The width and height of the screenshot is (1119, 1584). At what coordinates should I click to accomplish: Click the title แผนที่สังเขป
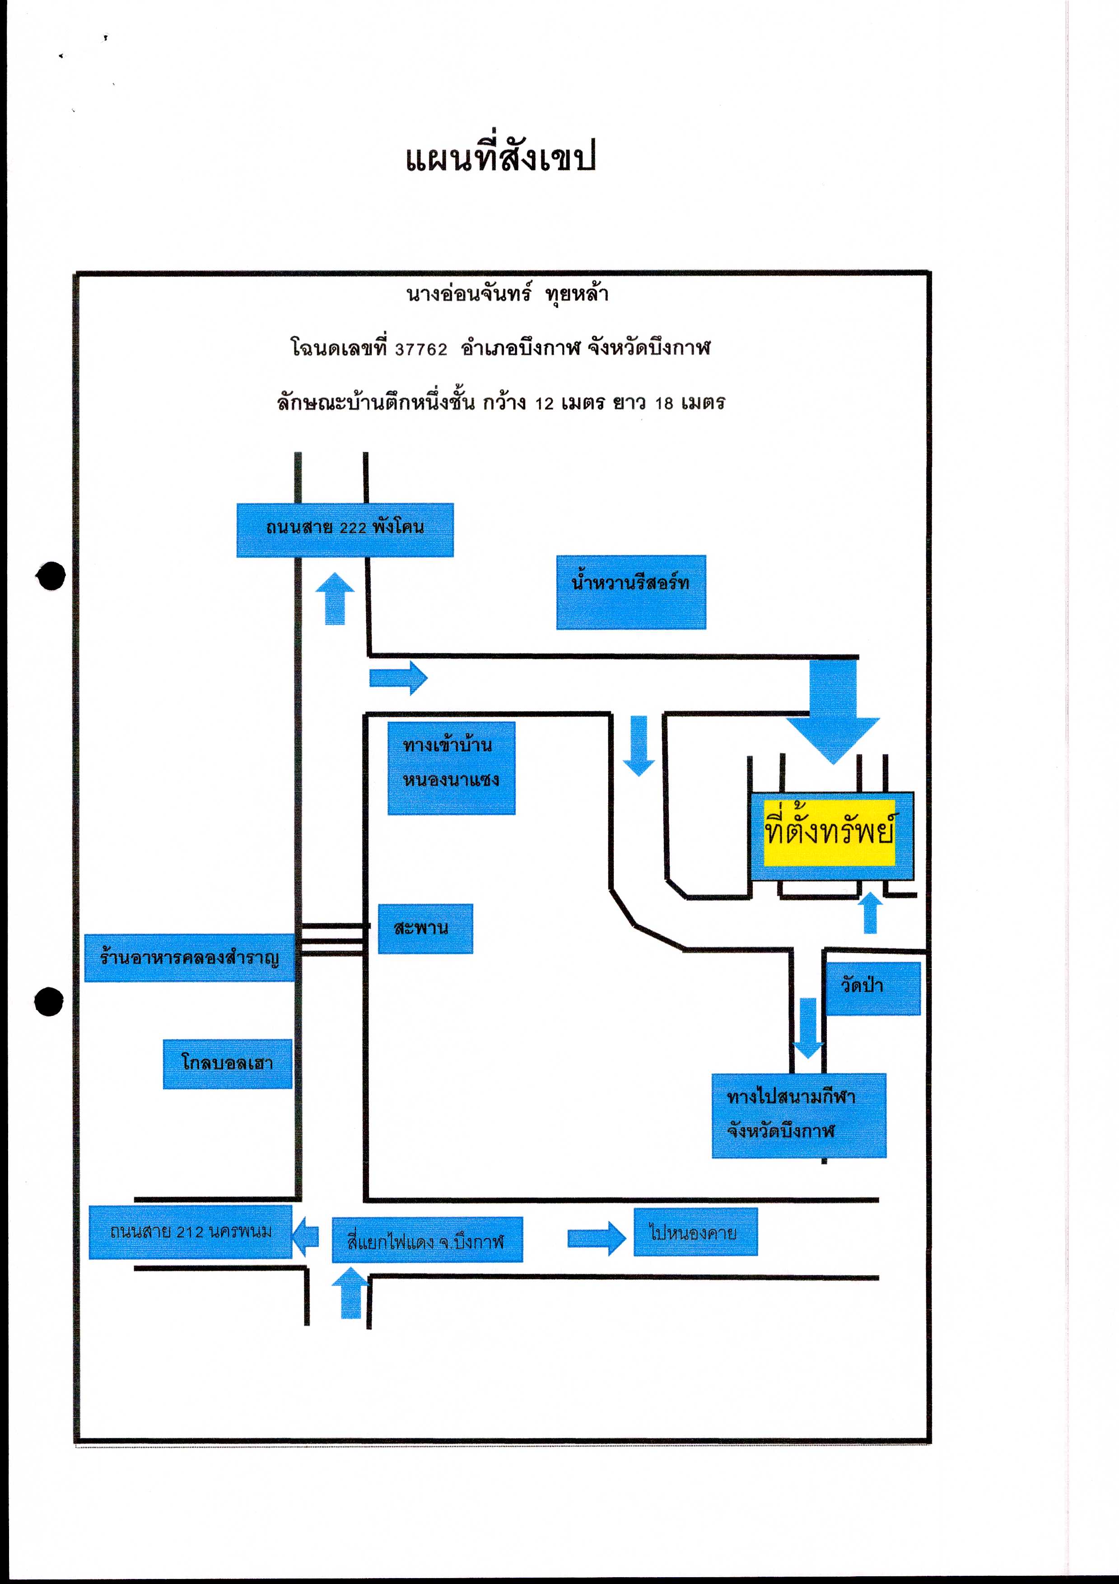tap(500, 158)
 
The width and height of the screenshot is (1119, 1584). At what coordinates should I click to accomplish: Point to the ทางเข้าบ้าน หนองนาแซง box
tap(451, 768)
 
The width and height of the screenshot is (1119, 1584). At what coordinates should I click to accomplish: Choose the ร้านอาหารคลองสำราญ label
tap(190, 958)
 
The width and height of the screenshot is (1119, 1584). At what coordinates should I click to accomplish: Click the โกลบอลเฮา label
tap(228, 1064)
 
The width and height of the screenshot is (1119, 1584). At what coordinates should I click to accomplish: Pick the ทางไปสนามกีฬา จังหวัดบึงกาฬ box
tap(799, 1116)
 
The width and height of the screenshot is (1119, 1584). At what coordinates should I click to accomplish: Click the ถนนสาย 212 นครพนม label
tap(191, 1232)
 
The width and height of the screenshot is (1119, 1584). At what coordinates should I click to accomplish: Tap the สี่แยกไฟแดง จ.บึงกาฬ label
tap(427, 1240)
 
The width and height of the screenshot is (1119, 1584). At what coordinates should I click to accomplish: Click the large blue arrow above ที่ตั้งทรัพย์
tap(834, 710)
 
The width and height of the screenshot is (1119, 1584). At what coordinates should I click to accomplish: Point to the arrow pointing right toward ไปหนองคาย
tap(597, 1238)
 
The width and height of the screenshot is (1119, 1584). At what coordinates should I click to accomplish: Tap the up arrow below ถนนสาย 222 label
tap(335, 598)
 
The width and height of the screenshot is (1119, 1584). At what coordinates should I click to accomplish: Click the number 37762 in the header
tap(421, 350)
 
